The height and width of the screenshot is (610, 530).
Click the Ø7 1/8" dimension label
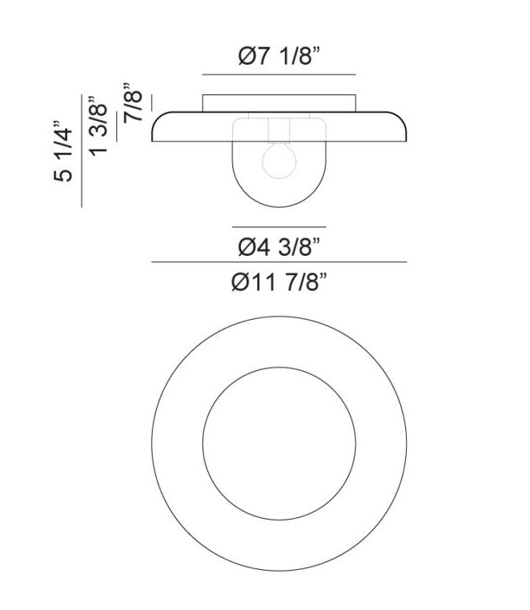(x=279, y=56)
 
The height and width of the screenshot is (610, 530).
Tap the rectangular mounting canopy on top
(x=279, y=103)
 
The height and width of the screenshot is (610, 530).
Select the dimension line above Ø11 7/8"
(x=279, y=262)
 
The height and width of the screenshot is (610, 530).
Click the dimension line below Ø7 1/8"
(x=279, y=74)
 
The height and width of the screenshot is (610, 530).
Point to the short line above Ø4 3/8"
(x=279, y=226)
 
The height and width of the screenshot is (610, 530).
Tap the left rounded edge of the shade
(x=155, y=128)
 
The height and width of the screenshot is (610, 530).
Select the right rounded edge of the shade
(x=407, y=128)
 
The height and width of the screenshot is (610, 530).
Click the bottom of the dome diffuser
(x=279, y=205)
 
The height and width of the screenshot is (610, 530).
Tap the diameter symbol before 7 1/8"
(x=246, y=56)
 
